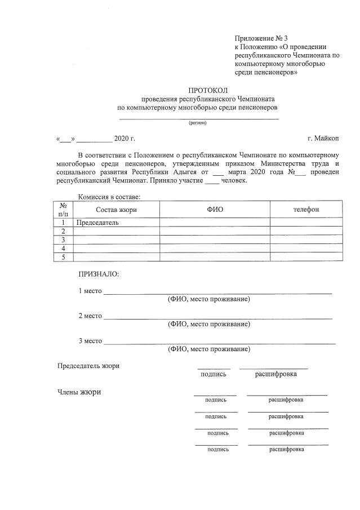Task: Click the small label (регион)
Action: pos(197,123)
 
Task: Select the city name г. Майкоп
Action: pos(323,138)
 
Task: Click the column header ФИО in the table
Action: pos(215,210)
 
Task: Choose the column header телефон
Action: pos(306,210)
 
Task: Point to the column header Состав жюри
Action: pos(116,210)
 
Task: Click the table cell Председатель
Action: pos(98,223)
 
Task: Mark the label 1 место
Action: pos(90,291)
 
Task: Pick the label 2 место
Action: pos(90,316)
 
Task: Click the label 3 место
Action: pos(90,341)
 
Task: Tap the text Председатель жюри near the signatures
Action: pos(88,366)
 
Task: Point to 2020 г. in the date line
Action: pos(125,138)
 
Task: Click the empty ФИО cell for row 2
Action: pos(215,231)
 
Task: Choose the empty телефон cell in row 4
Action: pos(306,249)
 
